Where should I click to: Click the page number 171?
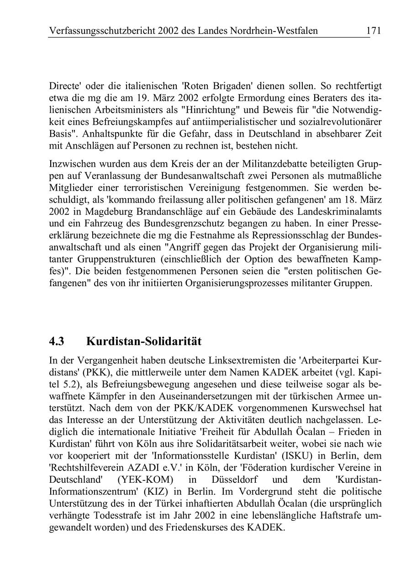click(x=374, y=31)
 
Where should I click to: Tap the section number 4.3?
click(x=57, y=342)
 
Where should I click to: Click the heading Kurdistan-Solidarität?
click(x=143, y=342)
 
